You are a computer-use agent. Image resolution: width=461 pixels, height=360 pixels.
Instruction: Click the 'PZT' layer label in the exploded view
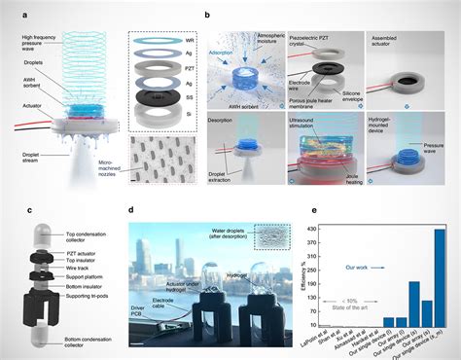coord(197,68)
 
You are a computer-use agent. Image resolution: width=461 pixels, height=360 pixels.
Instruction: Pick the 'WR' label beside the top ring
coord(197,41)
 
